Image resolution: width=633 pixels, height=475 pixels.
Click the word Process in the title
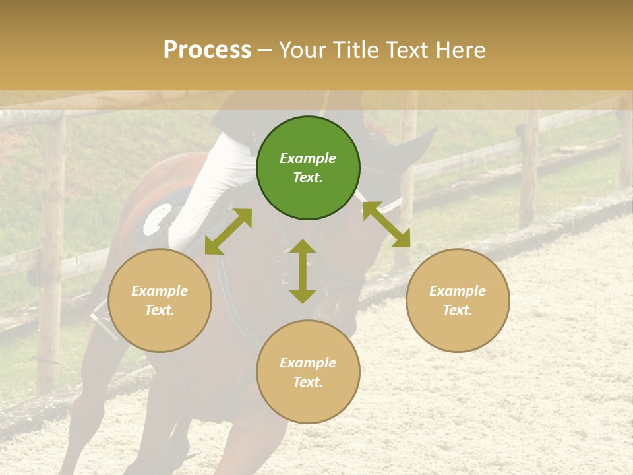207,49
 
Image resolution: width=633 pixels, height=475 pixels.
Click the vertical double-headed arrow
303,271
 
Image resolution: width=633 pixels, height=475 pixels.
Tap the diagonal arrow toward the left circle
228,232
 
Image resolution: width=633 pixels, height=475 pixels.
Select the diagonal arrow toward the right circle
386,224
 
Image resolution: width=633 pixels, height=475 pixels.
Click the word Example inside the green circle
308,158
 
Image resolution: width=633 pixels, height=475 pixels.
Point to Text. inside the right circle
458,310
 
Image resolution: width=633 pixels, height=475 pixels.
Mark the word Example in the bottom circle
308,363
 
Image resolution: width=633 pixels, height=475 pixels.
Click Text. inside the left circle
160,310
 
